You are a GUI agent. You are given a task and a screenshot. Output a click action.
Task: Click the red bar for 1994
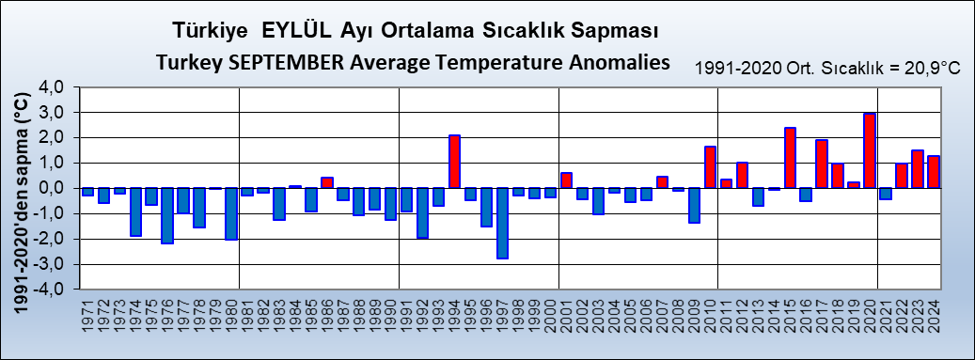454,162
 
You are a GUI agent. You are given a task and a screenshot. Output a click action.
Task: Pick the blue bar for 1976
167,215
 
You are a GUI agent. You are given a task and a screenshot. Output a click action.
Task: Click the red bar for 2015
790,158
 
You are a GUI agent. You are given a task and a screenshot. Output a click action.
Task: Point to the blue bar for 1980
231,213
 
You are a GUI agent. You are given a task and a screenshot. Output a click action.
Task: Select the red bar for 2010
710,167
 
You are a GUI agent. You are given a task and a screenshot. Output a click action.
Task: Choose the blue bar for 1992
422,212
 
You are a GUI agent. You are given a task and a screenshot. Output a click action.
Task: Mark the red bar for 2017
822,164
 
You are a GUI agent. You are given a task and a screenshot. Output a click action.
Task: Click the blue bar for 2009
694,205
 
